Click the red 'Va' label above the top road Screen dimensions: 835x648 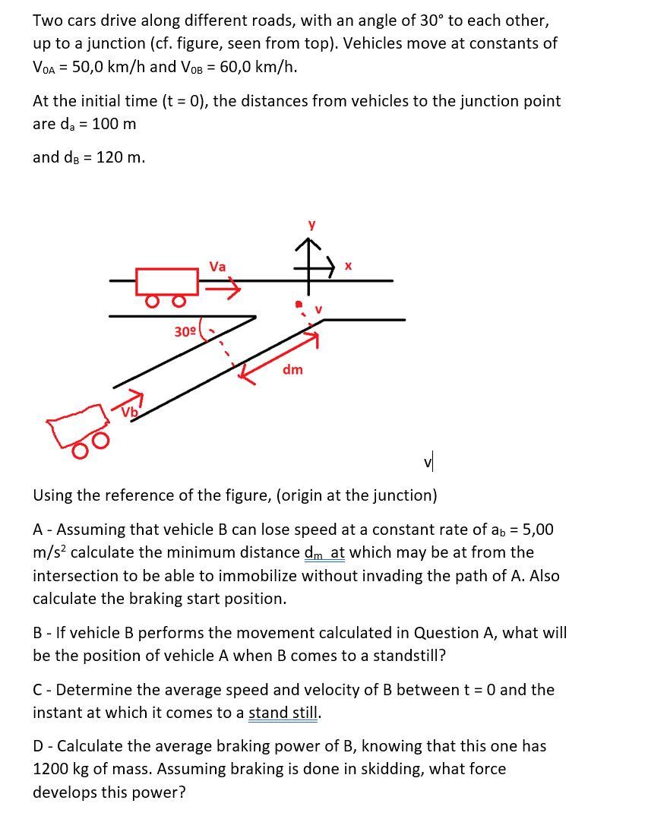click(x=217, y=267)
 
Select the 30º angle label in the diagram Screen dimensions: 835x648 click(x=185, y=332)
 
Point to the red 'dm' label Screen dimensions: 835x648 click(x=292, y=370)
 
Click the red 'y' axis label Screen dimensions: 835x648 click(x=310, y=226)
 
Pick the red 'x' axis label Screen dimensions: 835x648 click(x=348, y=267)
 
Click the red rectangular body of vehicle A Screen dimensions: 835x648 click(x=167, y=280)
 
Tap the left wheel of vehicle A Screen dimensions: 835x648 click(x=152, y=302)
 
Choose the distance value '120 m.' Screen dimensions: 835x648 click(x=121, y=157)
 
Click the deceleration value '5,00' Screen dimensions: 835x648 click(x=534, y=530)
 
